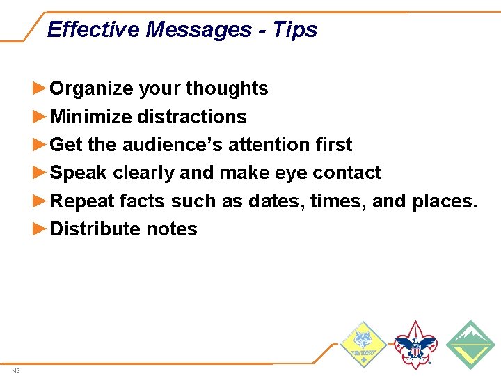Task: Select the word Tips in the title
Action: pyautogui.click(x=295, y=29)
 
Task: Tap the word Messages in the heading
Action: pyautogui.click(x=199, y=29)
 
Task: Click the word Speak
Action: pyautogui.click(x=79, y=173)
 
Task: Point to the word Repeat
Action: pyautogui.click(x=83, y=201)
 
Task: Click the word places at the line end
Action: pyautogui.click(x=444, y=201)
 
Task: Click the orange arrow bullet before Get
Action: pyautogui.click(x=41, y=145)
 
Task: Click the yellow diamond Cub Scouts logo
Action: pyautogui.click(x=363, y=344)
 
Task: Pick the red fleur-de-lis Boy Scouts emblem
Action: pyautogui.click(x=415, y=344)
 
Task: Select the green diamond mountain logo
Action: pyautogui.click(x=470, y=344)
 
